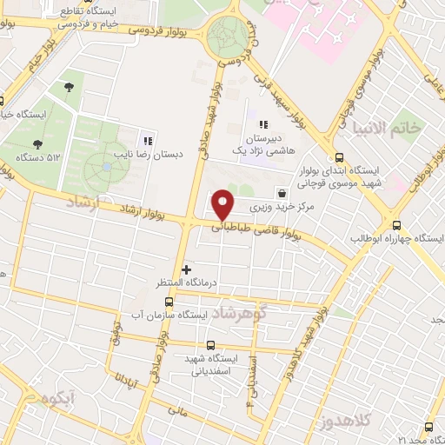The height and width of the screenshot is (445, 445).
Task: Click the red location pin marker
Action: click(224, 203)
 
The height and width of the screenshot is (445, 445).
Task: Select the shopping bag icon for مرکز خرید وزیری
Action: click(281, 193)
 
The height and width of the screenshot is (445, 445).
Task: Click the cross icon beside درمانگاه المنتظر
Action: click(185, 269)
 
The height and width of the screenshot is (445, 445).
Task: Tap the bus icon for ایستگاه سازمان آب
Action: click(169, 302)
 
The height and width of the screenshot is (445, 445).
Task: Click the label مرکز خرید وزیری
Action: click(288, 209)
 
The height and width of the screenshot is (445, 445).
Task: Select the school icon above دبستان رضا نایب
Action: click(147, 139)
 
